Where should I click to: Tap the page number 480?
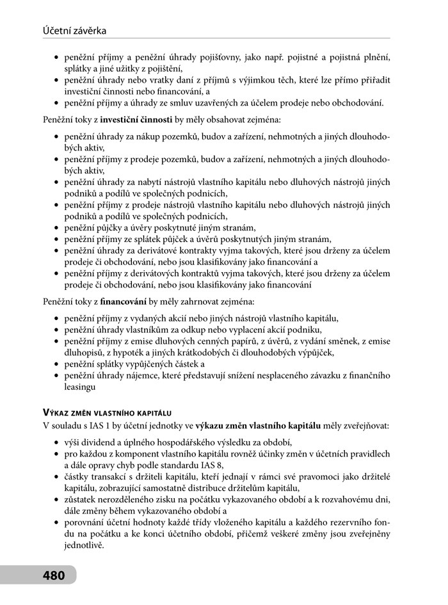pos(54,575)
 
